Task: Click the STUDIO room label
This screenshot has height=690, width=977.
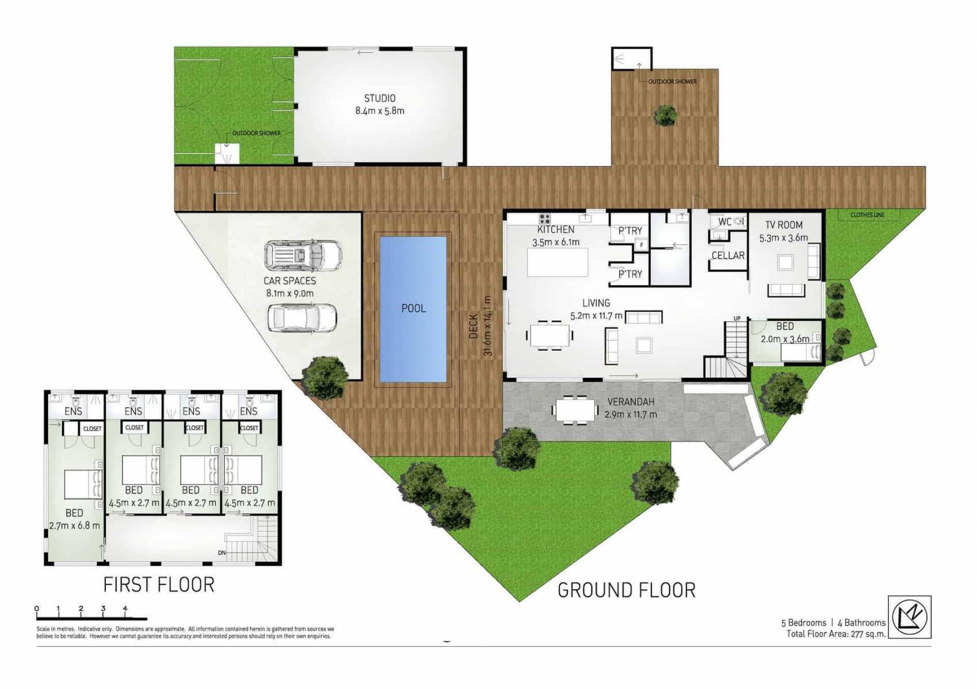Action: tap(379, 98)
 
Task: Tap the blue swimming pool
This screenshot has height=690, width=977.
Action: tap(413, 309)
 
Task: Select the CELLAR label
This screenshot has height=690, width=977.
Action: tap(728, 255)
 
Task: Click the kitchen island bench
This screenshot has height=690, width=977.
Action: tap(558, 262)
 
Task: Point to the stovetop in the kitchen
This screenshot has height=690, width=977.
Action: tap(544, 218)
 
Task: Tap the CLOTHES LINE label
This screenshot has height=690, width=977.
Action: tap(867, 215)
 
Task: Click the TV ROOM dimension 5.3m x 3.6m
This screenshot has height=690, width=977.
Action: tap(783, 237)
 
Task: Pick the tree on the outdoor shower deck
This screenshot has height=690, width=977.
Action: tap(666, 116)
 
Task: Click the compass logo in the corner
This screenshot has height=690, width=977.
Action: tap(909, 617)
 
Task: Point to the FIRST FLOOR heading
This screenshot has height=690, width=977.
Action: tap(159, 585)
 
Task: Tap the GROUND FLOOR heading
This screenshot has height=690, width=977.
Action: tap(626, 590)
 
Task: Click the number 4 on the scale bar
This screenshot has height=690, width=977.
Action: tap(125, 608)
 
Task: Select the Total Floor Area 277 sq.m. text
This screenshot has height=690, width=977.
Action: tap(835, 634)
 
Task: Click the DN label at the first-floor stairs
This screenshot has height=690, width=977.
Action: tap(222, 553)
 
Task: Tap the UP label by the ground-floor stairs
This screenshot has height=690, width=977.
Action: tap(736, 318)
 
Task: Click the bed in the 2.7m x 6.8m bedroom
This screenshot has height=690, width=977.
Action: tap(83, 484)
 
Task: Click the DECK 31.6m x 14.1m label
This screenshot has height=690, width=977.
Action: tap(480, 326)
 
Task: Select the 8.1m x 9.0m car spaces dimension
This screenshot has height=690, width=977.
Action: tap(289, 293)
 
